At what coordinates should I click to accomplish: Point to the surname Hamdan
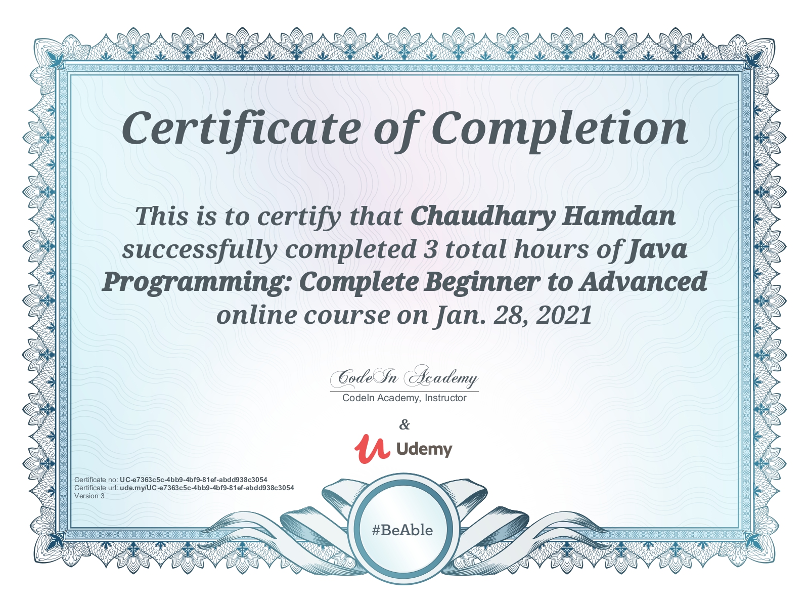click(618, 216)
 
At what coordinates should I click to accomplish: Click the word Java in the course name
click(656, 250)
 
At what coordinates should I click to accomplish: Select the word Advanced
click(643, 282)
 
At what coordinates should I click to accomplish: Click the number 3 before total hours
click(430, 250)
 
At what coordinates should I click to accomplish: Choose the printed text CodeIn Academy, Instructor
click(404, 398)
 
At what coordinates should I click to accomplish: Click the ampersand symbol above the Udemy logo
click(404, 424)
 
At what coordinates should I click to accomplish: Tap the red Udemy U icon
click(372, 449)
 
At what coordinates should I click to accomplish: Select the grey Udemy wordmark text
click(424, 449)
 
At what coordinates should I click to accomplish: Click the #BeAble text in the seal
click(402, 530)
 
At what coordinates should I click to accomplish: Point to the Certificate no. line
click(171, 480)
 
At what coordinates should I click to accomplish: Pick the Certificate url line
click(184, 488)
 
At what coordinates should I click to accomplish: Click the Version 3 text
click(89, 496)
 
